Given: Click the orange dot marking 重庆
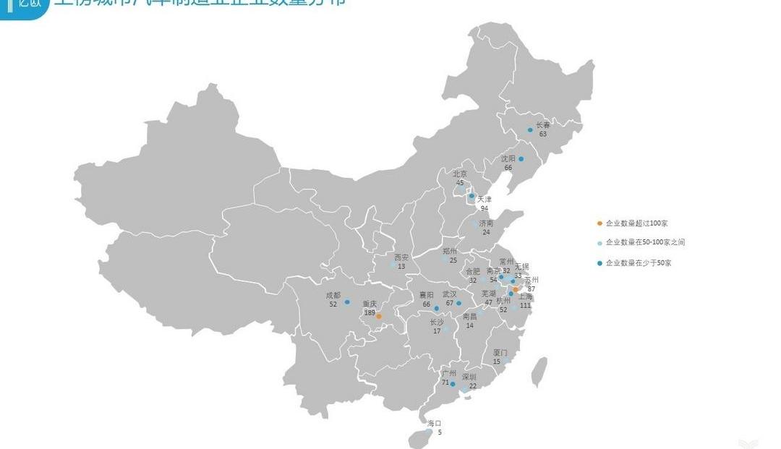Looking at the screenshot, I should (x=379, y=316).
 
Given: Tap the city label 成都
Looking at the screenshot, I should (x=333, y=295).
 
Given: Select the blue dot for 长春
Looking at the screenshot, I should (x=530, y=130).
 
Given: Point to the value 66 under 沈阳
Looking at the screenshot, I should (x=508, y=168).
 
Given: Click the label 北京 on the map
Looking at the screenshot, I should (x=460, y=174).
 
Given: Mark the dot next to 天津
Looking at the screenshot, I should (x=472, y=196).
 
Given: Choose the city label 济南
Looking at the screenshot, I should (x=486, y=223).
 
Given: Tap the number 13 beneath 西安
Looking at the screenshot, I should (x=401, y=267).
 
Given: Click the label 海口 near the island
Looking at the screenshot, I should (x=434, y=423).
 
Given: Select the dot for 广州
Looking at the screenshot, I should (x=453, y=384).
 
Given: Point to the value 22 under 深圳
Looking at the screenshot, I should (x=472, y=386).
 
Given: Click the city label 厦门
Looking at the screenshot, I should (x=500, y=353).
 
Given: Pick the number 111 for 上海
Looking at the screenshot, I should (x=525, y=306).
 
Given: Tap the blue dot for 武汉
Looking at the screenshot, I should (x=458, y=303).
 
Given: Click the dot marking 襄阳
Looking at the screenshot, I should (x=436, y=309).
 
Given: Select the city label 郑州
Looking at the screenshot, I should (x=450, y=251).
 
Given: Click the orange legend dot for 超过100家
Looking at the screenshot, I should (x=599, y=223).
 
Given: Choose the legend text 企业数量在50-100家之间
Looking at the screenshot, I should (x=644, y=242).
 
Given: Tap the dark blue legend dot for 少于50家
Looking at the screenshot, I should (x=599, y=263).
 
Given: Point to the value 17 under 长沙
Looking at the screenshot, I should (x=437, y=331).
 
